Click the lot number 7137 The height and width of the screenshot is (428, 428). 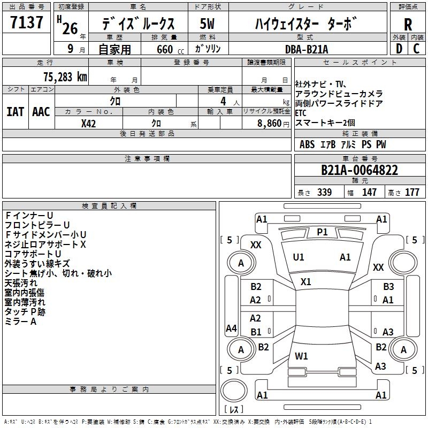click(x=27, y=24)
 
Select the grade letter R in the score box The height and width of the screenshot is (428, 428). click(x=408, y=25)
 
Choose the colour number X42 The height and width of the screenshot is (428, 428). click(x=88, y=123)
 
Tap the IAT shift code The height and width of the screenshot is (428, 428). click(x=15, y=111)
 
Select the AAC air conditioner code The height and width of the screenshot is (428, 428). click(x=41, y=111)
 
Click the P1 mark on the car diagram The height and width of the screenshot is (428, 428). click(x=322, y=232)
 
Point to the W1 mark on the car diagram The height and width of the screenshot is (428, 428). click(x=302, y=355)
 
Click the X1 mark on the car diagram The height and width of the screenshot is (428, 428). click(x=306, y=281)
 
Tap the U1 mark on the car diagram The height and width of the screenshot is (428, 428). click(x=299, y=257)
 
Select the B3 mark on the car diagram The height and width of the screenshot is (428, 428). click(x=388, y=287)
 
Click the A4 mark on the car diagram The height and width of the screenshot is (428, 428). click(x=231, y=328)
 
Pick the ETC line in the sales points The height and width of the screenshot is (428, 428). click(x=302, y=113)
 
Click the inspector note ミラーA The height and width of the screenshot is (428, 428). click(x=20, y=321)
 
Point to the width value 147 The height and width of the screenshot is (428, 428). click(x=369, y=192)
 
